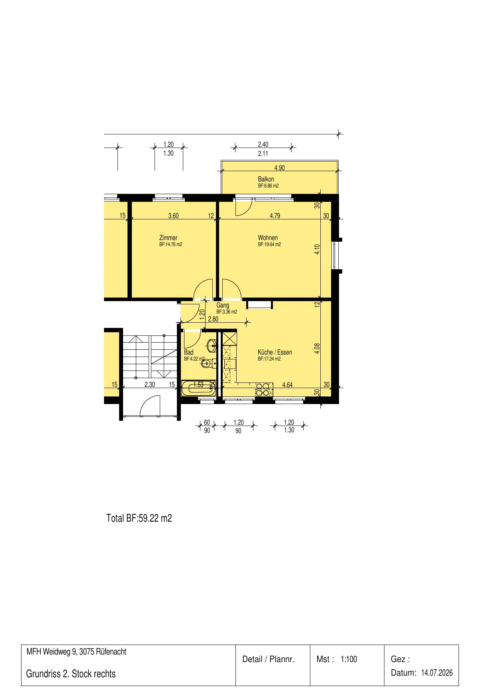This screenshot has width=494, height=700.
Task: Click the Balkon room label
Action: coord(266,179)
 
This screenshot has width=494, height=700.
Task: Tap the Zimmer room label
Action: coord(168,238)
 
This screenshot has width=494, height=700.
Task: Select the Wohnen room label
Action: coord(268,238)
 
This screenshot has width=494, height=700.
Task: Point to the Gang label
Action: coord(223,305)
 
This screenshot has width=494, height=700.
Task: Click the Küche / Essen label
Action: coord(275,352)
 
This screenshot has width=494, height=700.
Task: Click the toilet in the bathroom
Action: coord(209,363)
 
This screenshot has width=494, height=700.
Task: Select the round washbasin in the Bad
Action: coord(213,346)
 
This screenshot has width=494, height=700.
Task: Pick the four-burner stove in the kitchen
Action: coord(263,390)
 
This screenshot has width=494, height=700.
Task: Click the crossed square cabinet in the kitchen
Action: coord(229,339)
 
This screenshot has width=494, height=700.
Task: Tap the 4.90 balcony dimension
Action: coord(279,168)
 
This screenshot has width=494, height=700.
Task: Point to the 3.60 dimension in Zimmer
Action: coord(173,216)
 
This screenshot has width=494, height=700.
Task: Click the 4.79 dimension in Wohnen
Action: coord(275,216)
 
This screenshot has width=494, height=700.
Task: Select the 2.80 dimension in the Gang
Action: coord(213,319)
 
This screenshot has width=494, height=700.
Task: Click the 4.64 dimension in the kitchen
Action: coord(287,385)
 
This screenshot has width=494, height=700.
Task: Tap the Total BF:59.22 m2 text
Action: coord(139,518)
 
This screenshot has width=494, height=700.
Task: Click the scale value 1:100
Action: coord(349,659)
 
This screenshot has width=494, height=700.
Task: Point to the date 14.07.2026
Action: coord(437,673)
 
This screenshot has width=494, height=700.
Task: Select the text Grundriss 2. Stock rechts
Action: coord(71,674)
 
